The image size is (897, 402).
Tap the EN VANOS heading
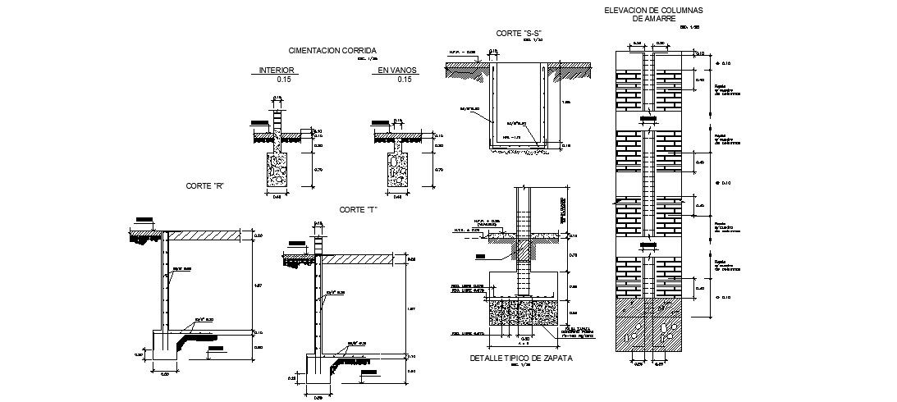point(397,71)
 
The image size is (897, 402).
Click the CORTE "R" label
point(205,186)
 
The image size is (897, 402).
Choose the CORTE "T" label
point(358,210)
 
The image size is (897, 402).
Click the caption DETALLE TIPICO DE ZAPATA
point(520,359)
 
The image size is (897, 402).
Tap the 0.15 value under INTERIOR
point(284,80)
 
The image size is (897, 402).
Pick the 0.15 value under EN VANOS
point(405,80)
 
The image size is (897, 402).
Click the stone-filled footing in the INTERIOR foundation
point(277,171)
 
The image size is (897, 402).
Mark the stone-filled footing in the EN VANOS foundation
point(398,171)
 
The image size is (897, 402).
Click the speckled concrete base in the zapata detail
point(522,314)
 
